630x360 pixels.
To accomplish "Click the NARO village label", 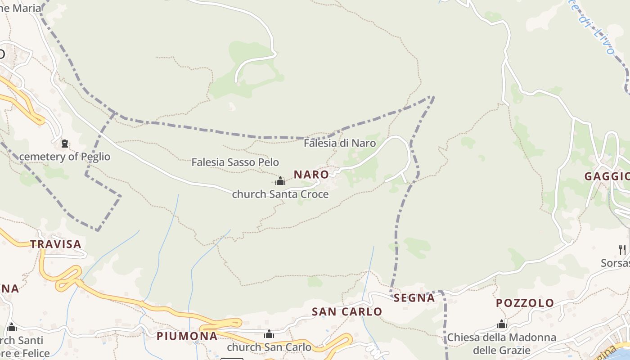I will [x=311, y=174].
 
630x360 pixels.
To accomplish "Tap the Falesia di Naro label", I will [x=340, y=143].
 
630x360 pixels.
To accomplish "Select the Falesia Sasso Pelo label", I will [x=235, y=162].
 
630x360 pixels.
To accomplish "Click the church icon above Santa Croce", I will [x=280, y=181].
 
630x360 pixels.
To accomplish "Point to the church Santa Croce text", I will [x=280, y=194].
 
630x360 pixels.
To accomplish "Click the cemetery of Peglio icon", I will [x=65, y=144].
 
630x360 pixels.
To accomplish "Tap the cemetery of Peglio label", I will [x=65, y=157].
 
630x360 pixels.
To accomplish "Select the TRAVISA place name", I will [x=56, y=244].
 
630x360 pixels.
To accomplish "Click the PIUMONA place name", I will [x=187, y=336].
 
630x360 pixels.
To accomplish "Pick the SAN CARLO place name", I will [x=347, y=311].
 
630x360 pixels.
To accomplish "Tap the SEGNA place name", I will [x=414, y=298].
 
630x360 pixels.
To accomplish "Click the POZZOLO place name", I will [x=525, y=303].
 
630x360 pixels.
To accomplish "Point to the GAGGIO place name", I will [x=607, y=176].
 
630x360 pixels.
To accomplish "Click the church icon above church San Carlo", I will [x=269, y=334].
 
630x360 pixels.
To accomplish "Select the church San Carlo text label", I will [x=269, y=347].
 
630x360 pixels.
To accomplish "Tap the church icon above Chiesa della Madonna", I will [x=502, y=324].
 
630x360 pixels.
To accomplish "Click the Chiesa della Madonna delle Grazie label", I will [x=502, y=343].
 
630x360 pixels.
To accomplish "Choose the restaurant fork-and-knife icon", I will [x=622, y=249].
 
